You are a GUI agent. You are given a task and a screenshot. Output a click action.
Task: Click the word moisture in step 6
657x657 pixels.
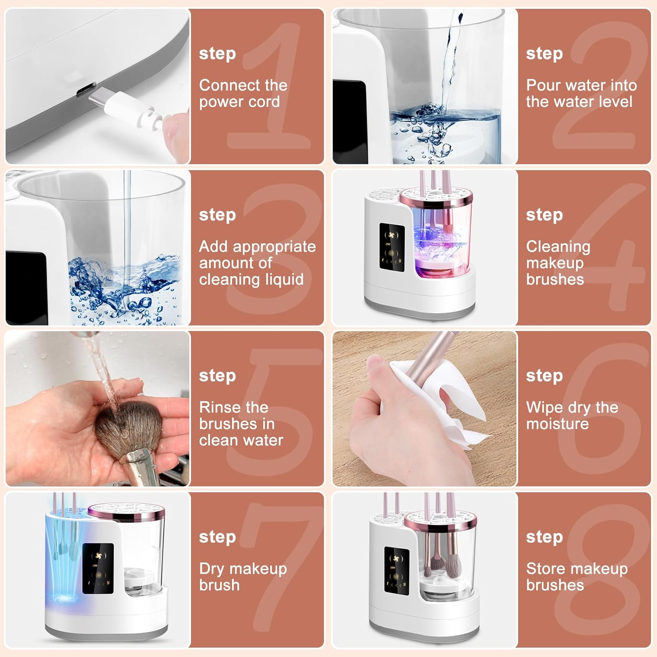tap(558, 424)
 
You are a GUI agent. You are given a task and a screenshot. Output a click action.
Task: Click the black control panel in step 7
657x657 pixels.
tap(98, 569)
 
